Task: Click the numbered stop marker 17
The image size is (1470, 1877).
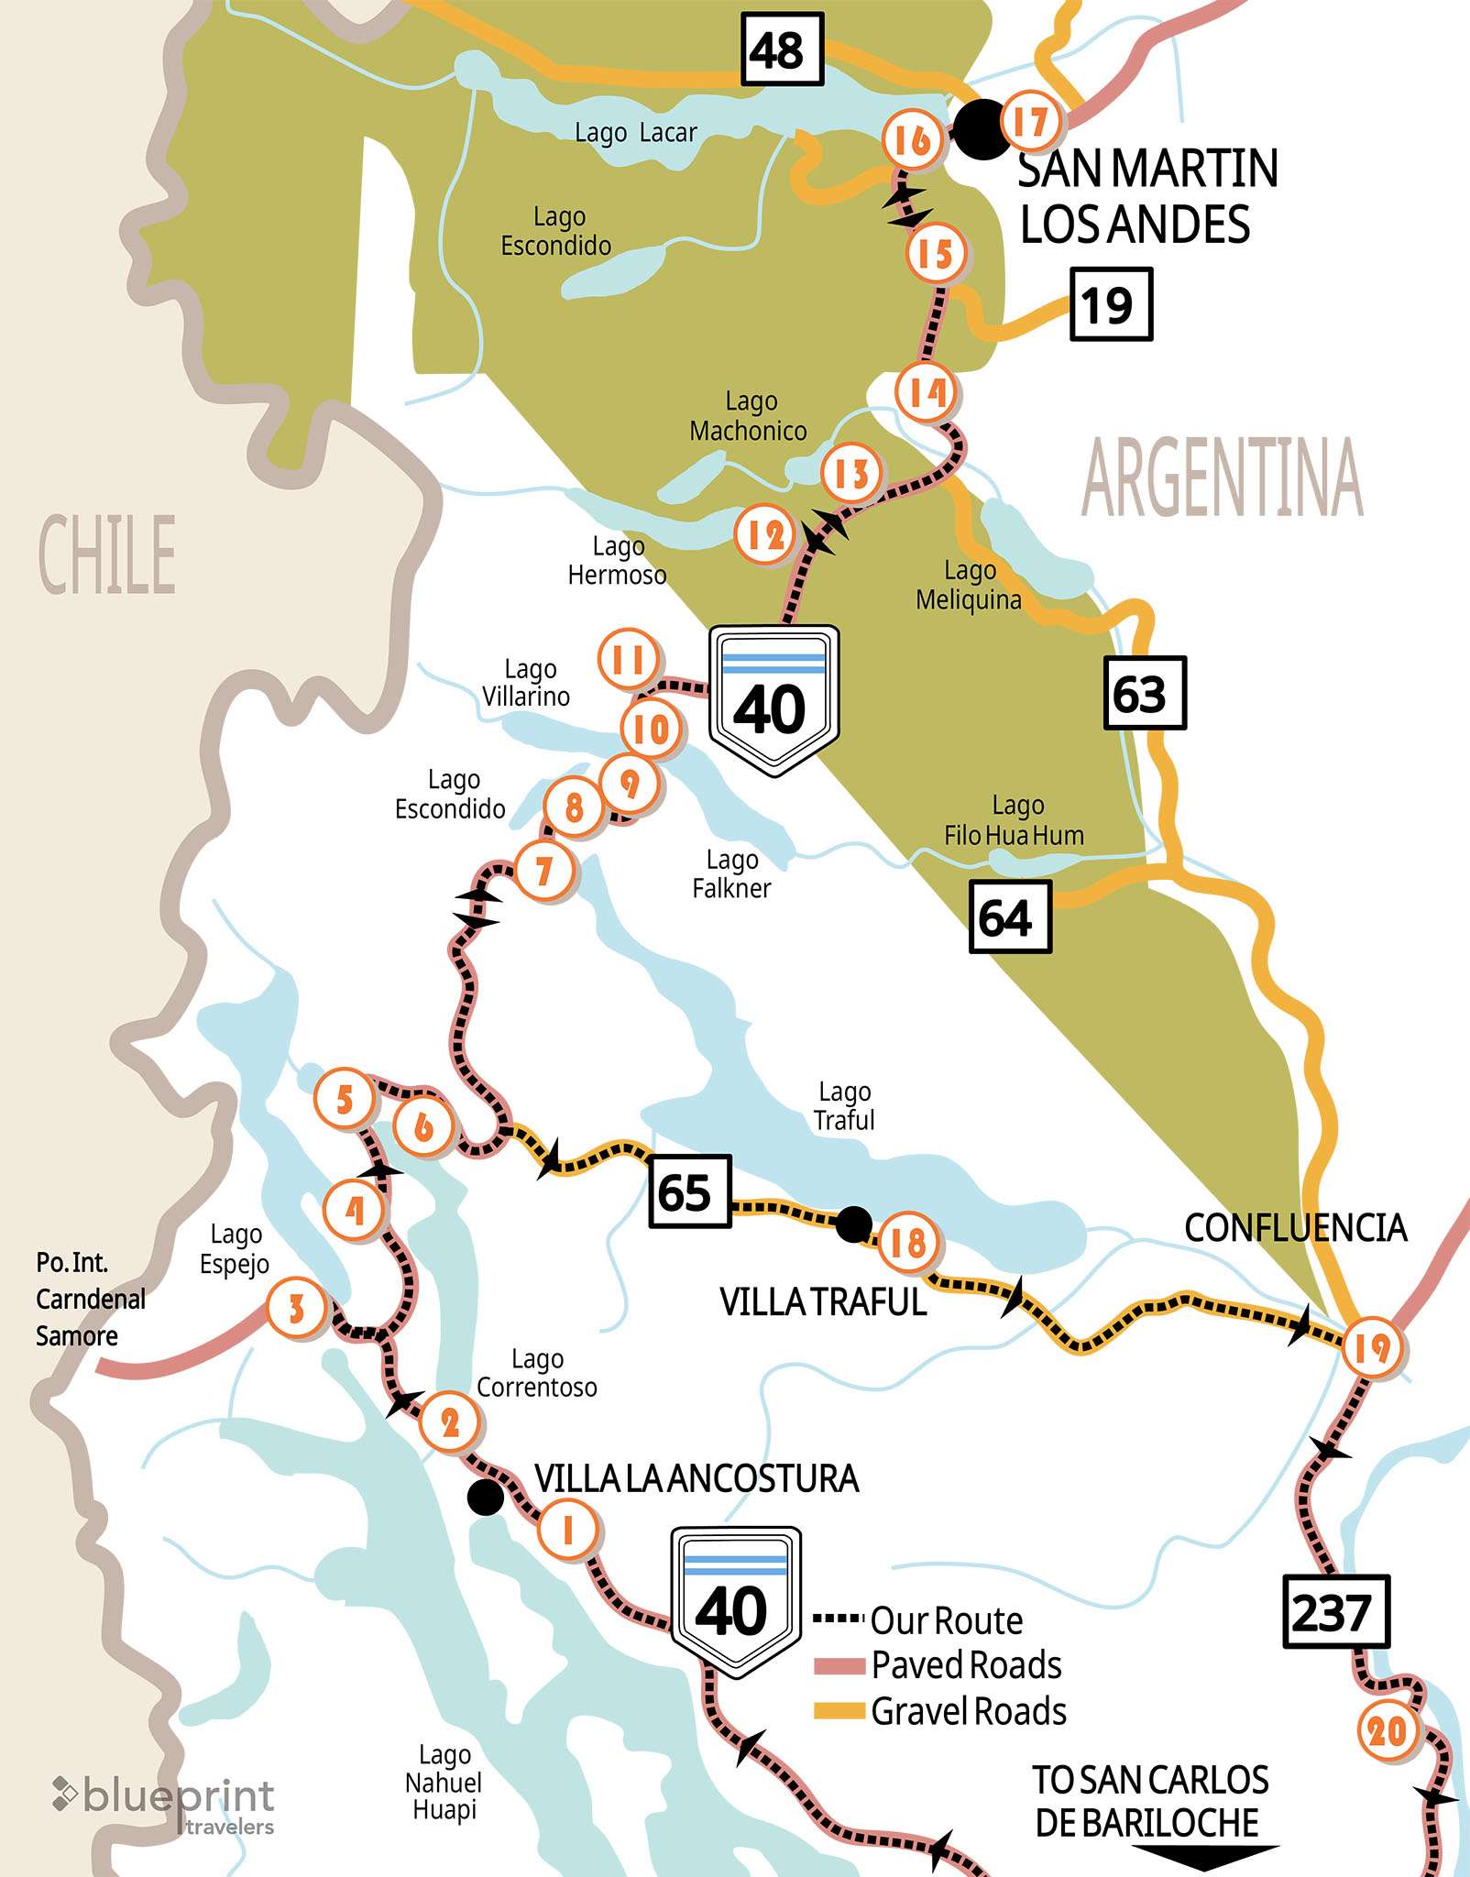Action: (x=1031, y=121)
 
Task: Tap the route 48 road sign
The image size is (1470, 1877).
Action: (x=782, y=49)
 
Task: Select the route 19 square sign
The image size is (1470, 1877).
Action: (x=1110, y=304)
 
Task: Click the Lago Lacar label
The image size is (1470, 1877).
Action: (x=635, y=133)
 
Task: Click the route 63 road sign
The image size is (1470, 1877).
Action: (x=1144, y=693)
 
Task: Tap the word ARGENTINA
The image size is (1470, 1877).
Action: (x=1222, y=478)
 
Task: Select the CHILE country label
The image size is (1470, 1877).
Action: (x=107, y=554)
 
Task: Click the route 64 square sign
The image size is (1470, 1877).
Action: (x=1009, y=917)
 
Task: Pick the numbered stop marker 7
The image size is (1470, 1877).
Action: (x=544, y=871)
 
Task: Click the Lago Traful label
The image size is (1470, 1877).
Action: (x=844, y=1105)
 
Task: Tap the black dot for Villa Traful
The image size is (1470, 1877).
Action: (x=853, y=1223)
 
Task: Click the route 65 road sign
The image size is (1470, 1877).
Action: (x=689, y=1191)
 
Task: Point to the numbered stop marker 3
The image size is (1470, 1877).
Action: (x=296, y=1308)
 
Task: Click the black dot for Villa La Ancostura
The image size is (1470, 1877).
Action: (x=485, y=1498)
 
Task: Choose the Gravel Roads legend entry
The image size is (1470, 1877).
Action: (x=940, y=1711)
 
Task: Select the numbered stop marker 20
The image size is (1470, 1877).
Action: (x=1388, y=1731)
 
